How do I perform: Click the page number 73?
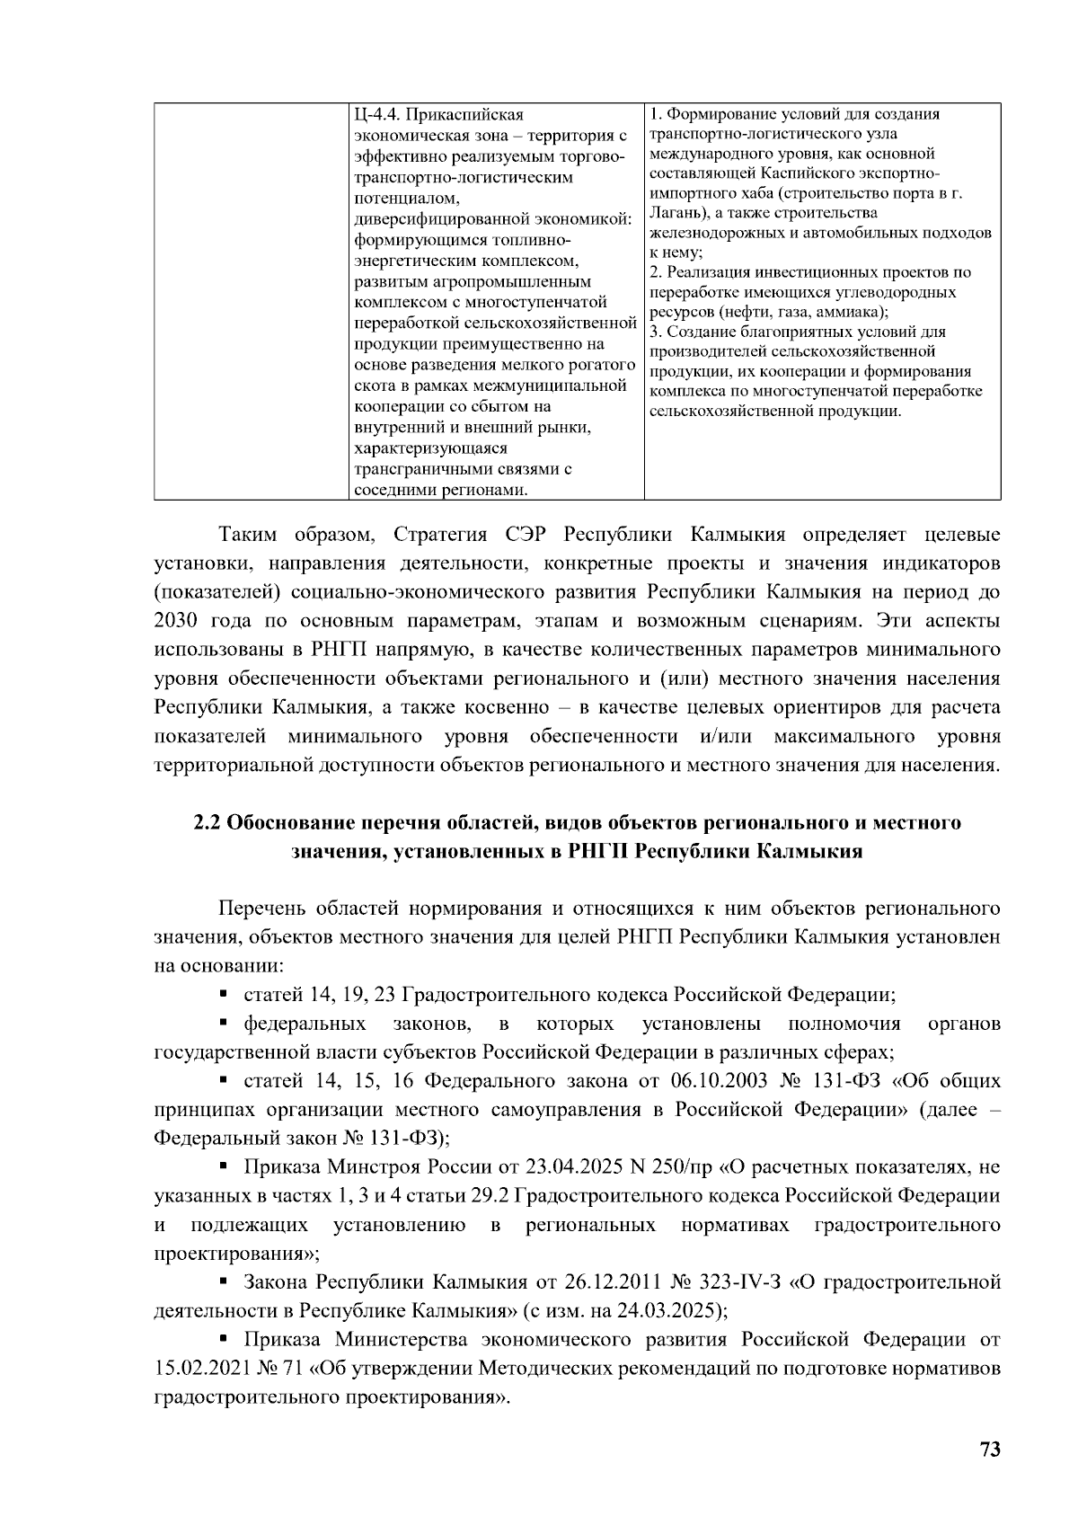(990, 1450)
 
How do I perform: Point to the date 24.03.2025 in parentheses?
(670, 1309)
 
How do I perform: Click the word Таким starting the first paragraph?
(249, 536)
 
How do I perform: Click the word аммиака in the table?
(853, 312)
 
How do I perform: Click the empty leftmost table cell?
(251, 301)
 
